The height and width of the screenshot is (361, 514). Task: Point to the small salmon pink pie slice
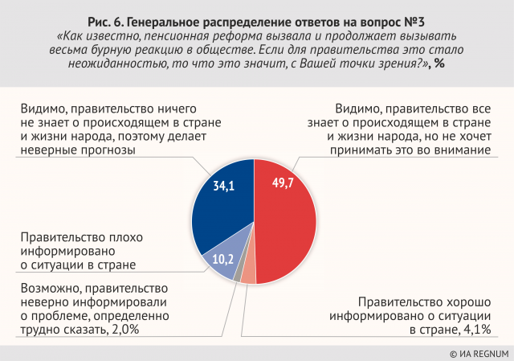pyautogui.click(x=248, y=273)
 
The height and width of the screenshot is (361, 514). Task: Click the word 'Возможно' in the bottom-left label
pyautogui.click(x=44, y=287)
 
